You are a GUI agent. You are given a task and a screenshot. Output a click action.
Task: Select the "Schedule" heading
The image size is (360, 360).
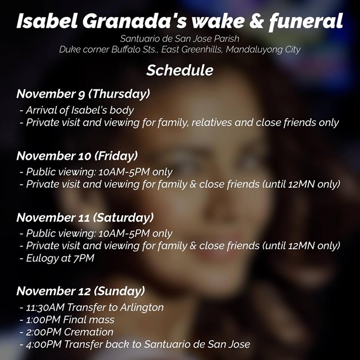[x=180, y=70]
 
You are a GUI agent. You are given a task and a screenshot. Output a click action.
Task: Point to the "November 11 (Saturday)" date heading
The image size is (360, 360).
[x=85, y=217]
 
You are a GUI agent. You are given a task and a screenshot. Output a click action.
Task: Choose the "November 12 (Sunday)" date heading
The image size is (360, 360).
[x=80, y=291]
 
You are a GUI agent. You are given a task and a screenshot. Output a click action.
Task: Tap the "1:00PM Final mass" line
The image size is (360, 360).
[x=70, y=319]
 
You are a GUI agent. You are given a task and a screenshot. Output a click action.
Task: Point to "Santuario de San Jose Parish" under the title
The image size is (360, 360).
[x=180, y=38]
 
